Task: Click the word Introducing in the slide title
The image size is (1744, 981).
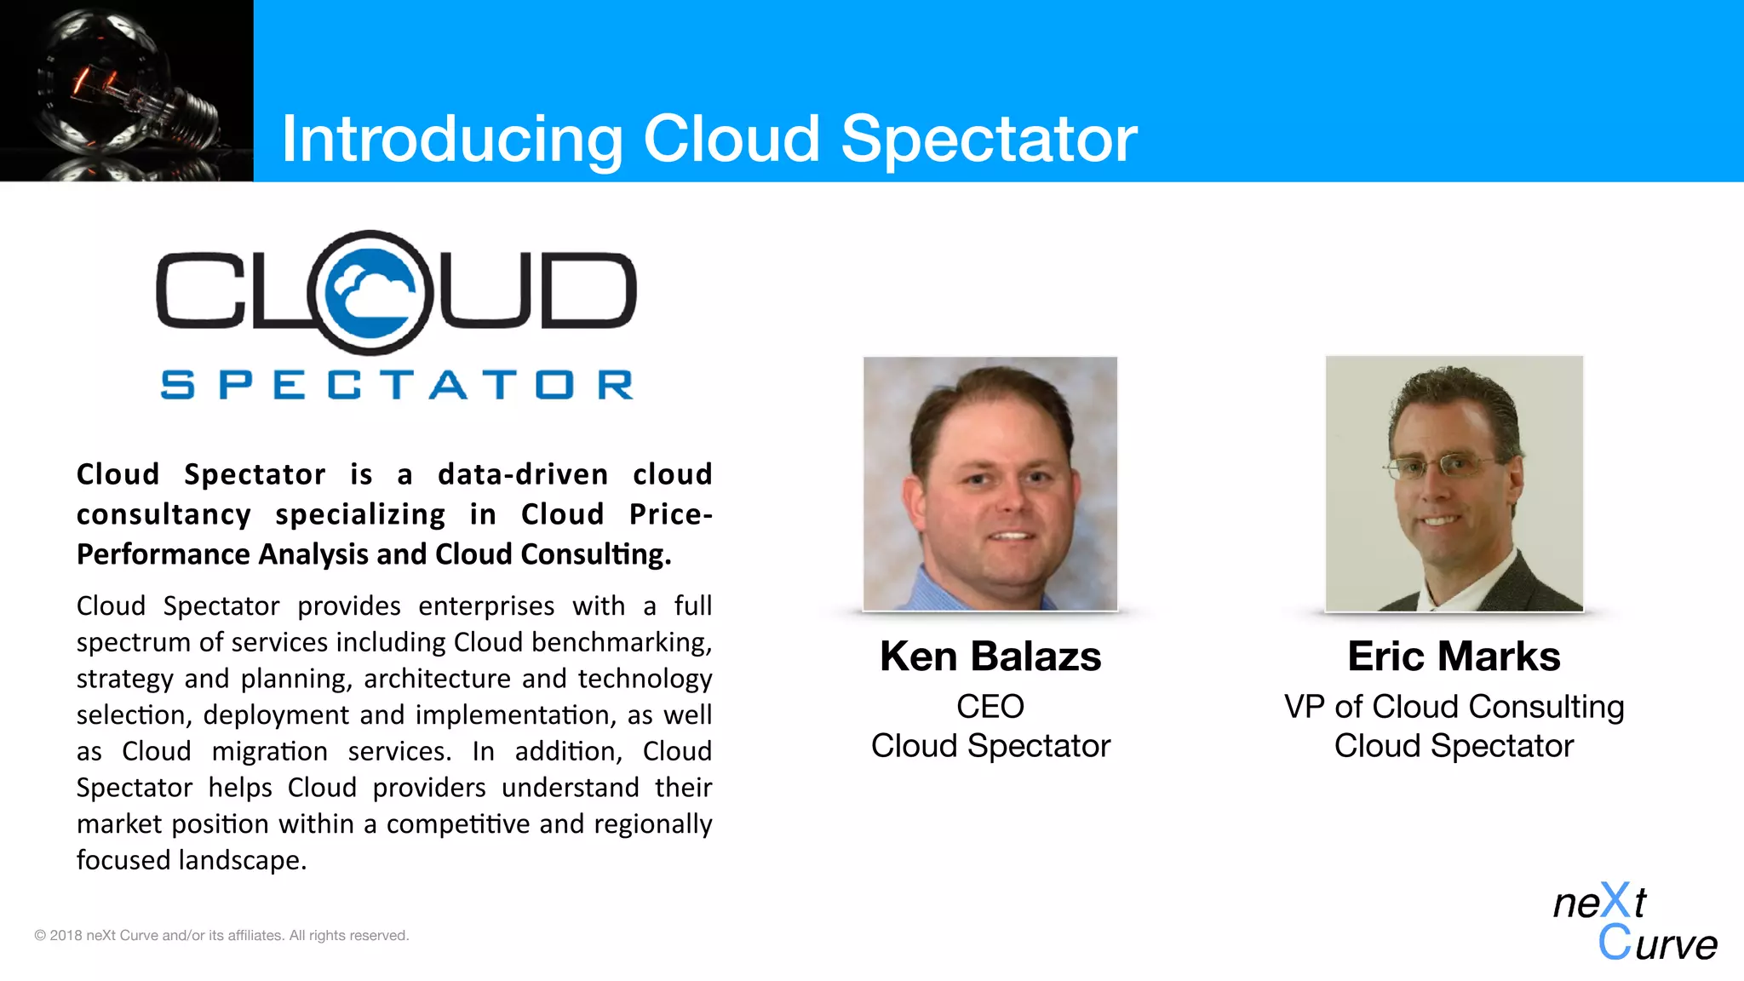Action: tap(451, 140)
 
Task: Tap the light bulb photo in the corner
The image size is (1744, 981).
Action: tap(126, 90)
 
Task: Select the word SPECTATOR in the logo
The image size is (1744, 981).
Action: tap(397, 385)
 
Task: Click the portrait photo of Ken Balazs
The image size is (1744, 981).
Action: tap(990, 483)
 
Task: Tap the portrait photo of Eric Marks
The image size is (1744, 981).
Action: tap(1454, 483)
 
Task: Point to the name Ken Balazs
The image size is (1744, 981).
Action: tap(990, 657)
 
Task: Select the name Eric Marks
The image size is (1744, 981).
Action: tap(1454, 657)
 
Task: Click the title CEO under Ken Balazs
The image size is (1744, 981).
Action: tap(990, 706)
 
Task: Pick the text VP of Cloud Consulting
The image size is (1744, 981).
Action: tap(1454, 707)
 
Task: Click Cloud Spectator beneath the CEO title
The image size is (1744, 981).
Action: tap(990, 746)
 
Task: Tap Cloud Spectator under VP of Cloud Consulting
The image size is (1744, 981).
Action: tap(1454, 746)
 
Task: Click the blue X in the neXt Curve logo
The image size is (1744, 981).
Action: tap(1615, 901)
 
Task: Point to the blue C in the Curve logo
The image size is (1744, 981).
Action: tap(1614, 943)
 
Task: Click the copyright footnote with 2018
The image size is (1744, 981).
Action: tap(221, 935)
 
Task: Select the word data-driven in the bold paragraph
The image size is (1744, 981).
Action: tap(523, 474)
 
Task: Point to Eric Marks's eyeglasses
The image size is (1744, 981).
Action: tap(1439, 466)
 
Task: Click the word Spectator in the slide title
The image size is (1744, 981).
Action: tap(989, 140)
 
